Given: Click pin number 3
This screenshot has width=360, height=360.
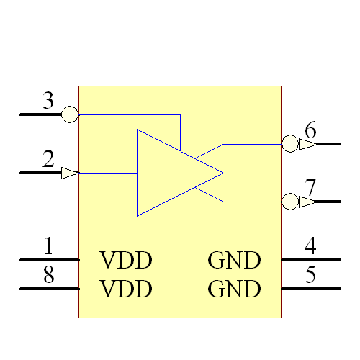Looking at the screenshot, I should [48, 101].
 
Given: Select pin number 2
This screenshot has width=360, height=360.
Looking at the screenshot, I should [48, 160].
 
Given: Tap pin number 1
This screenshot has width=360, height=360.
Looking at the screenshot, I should [48, 247].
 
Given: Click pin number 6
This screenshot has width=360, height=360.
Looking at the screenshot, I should [310, 131].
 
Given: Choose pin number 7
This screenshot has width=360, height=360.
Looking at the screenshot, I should [310, 188].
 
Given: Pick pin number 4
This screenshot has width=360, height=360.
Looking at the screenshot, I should [310, 246].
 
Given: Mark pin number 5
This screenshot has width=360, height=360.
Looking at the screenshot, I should [310, 275].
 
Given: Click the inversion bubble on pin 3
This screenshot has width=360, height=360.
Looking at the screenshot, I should [70, 114].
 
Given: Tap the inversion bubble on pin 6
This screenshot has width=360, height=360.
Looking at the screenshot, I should [289, 144].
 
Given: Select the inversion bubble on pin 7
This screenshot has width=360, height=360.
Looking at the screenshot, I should [289, 202].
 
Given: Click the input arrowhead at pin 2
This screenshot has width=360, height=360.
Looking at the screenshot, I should [70, 173].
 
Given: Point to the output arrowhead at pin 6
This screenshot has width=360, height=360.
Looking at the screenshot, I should [307, 144].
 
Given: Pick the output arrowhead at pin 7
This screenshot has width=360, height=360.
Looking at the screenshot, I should [307, 202].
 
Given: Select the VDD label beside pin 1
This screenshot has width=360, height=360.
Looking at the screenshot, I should [126, 260].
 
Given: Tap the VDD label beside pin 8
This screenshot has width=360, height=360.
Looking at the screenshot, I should [126, 289].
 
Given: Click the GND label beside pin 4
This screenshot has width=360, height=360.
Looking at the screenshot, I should [234, 260].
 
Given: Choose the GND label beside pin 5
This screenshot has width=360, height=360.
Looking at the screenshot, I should [234, 289].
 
